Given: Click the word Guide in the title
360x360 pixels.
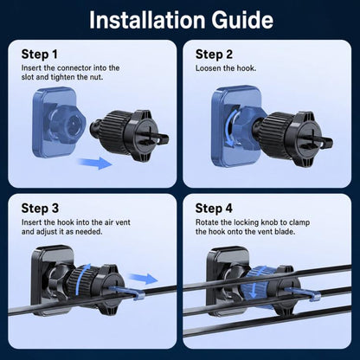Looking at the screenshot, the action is (x=242, y=20).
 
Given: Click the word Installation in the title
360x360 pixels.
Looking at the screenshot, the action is (x=146, y=20).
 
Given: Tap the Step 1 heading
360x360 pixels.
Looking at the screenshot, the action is (x=40, y=55).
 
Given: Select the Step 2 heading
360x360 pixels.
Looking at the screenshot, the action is (x=214, y=55).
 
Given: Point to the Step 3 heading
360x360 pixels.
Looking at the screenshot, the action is (x=40, y=209).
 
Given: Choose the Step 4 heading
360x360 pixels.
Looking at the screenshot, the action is (x=214, y=209).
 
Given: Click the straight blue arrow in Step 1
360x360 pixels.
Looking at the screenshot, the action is (x=95, y=163).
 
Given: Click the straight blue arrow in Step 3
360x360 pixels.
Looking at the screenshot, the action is (x=143, y=279).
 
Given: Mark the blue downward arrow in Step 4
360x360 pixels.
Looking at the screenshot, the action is (x=253, y=283).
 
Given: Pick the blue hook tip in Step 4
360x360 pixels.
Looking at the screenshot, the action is (x=315, y=297).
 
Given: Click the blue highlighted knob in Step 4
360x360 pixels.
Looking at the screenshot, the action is (x=255, y=284).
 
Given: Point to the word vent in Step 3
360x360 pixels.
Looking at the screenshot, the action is (x=123, y=222).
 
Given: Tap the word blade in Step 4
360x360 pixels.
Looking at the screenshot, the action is (x=285, y=232).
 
